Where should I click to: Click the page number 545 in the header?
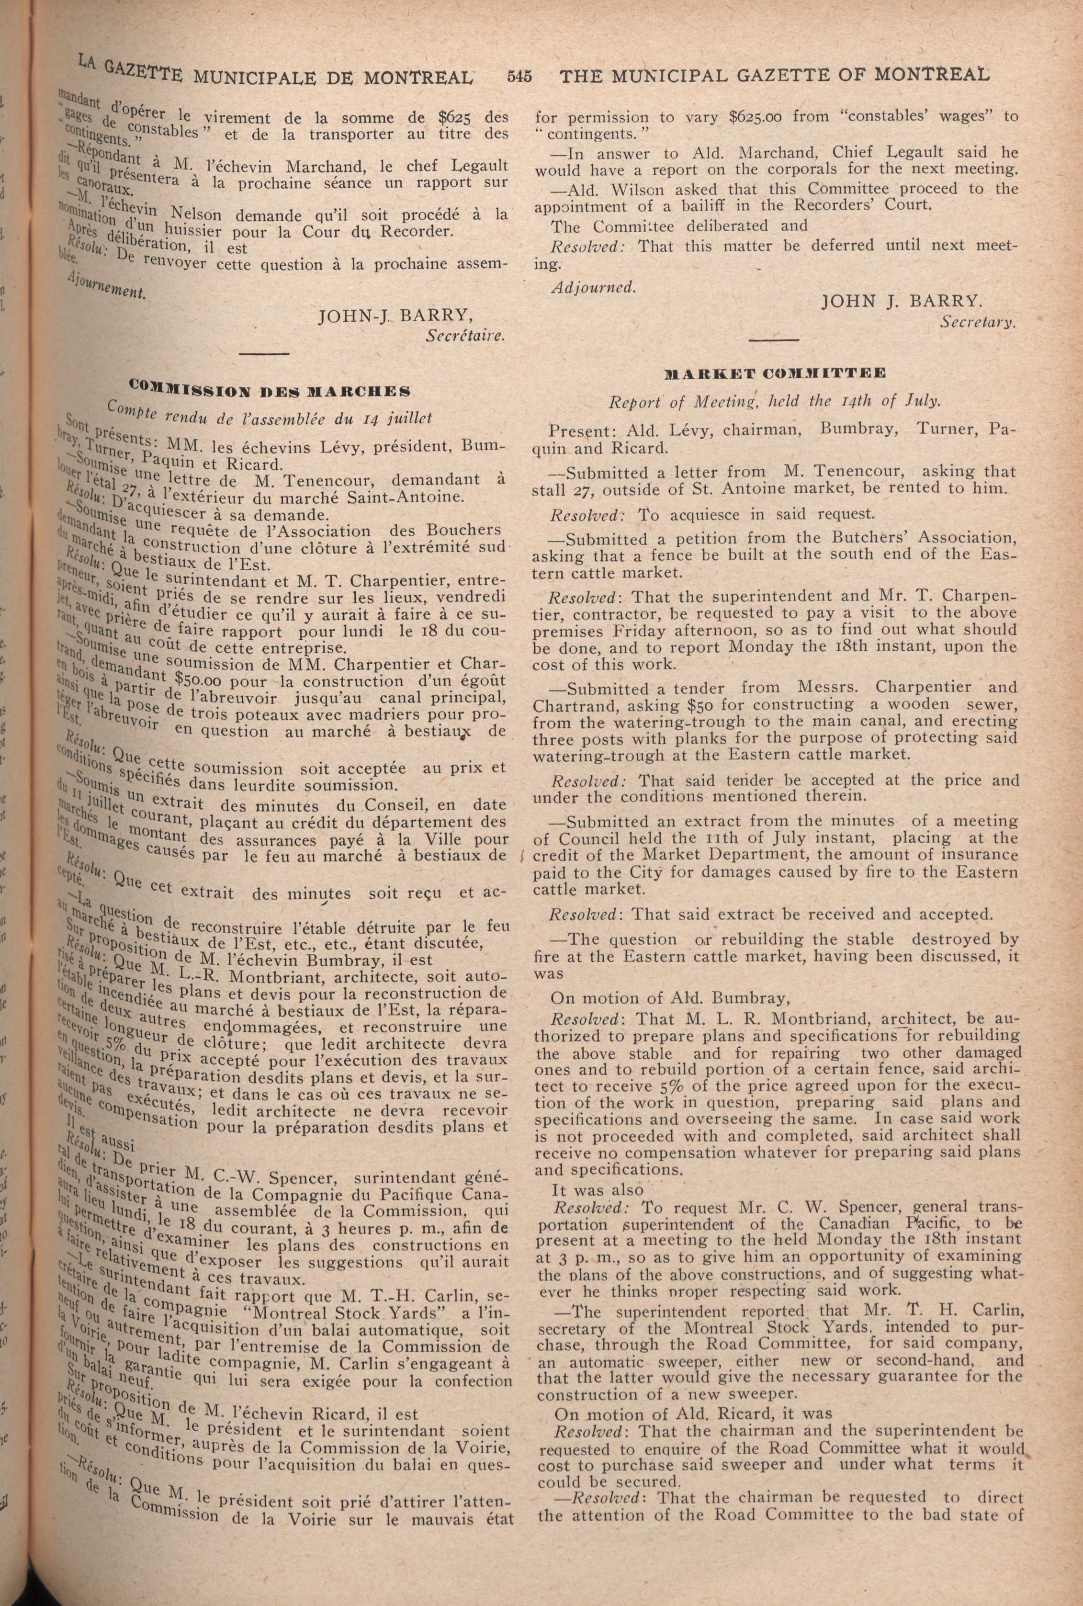click(x=519, y=76)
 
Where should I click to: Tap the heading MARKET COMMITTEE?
click(x=774, y=373)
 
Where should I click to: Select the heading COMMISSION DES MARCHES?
click(x=270, y=390)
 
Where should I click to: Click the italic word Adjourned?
click(x=593, y=287)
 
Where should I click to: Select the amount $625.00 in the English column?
click(x=755, y=117)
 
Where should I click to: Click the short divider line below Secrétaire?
click(x=265, y=354)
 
